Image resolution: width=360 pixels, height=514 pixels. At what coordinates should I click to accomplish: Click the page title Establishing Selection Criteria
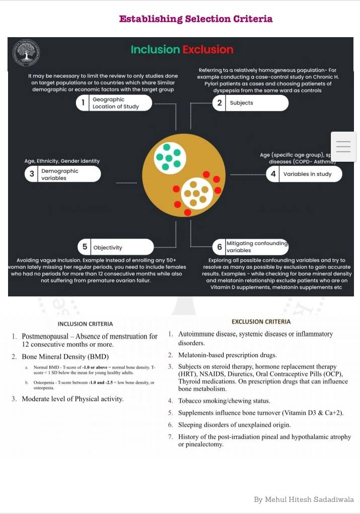196,19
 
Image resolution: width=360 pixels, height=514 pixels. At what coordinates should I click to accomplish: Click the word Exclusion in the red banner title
208,50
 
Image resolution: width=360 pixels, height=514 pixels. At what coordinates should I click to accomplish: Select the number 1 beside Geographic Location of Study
82,103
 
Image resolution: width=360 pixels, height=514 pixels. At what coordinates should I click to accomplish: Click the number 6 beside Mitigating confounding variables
219,247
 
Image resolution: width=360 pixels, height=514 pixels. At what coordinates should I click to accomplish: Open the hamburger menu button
343,147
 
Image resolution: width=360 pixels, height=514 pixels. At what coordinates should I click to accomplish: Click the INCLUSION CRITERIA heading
85,324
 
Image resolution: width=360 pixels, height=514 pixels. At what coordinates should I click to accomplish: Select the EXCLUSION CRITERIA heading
261,322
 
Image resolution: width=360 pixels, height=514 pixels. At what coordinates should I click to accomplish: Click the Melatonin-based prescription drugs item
227,355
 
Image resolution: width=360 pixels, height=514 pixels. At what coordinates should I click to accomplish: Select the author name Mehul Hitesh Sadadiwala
304,499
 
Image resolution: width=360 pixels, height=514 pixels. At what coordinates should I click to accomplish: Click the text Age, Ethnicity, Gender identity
62,161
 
